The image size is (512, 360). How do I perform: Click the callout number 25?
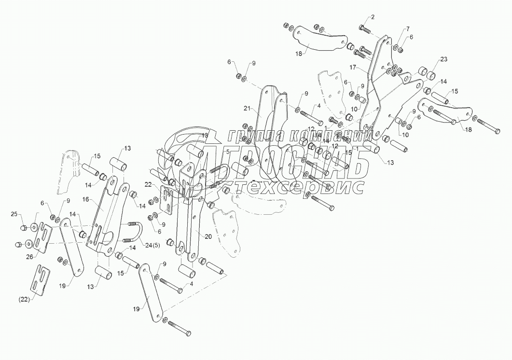[x=14, y=214]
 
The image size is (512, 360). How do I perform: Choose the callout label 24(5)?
[x=152, y=245]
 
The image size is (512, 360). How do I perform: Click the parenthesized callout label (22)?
[x=24, y=300]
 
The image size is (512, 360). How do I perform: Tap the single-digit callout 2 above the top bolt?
[x=372, y=17]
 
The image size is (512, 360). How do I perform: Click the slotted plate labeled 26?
[x=42, y=238]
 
